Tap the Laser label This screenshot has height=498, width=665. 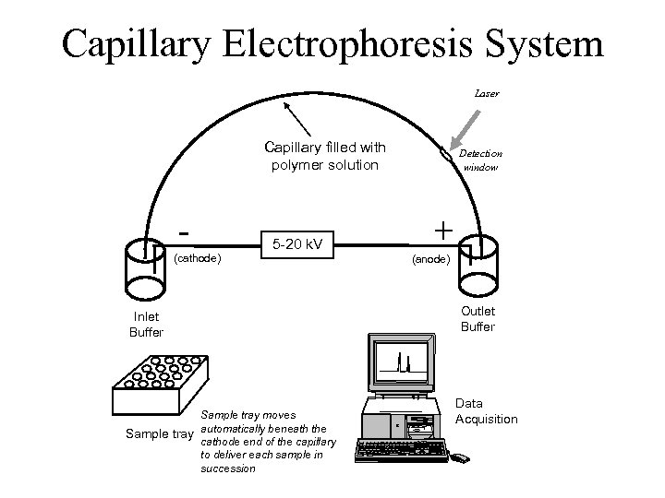click(487, 93)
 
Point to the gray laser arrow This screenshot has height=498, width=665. click(466, 128)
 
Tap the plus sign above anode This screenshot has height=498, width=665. click(444, 228)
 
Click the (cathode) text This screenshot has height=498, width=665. click(197, 258)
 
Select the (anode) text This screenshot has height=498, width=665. click(430, 261)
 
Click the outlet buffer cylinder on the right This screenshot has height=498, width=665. click(478, 266)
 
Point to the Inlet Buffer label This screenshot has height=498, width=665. click(145, 326)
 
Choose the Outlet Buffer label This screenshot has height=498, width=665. click(478, 319)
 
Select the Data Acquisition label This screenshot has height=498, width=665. click(487, 411)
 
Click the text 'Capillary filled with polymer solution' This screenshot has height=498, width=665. click(324, 155)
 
